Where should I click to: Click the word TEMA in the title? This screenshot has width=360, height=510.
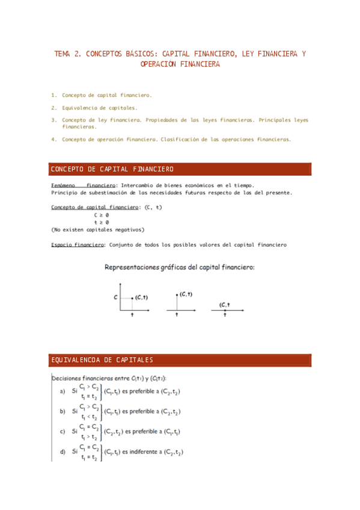(63, 54)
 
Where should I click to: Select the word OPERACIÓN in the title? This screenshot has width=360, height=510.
(160, 64)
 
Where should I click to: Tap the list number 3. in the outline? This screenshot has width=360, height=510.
(54, 120)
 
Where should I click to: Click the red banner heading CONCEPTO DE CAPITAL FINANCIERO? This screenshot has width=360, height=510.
(112, 169)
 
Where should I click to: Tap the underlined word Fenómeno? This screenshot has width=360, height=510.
(63, 186)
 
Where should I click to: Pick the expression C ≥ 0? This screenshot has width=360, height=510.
(101, 215)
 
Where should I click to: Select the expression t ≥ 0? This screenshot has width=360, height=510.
(101, 222)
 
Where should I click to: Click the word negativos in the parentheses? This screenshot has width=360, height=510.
(124, 229)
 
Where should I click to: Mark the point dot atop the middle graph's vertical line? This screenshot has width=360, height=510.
(177, 295)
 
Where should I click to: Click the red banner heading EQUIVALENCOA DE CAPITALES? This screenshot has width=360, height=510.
(102, 360)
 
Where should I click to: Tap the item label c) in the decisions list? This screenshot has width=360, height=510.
(63, 431)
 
